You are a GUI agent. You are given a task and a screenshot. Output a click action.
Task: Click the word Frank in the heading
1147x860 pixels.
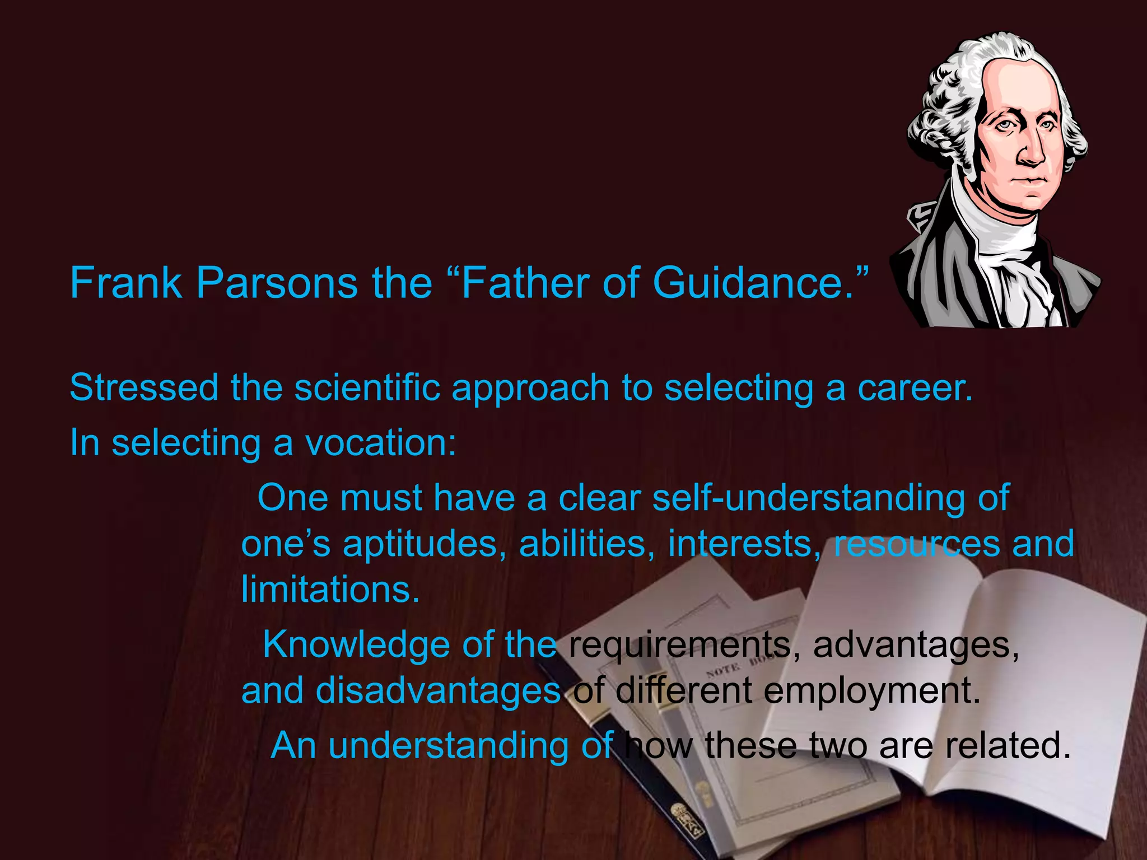point(125,283)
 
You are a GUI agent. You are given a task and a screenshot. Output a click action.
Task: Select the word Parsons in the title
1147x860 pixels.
point(276,283)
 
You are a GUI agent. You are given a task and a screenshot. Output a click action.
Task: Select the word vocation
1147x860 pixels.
point(381,443)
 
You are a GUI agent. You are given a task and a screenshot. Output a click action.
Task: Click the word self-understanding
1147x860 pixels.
point(809,498)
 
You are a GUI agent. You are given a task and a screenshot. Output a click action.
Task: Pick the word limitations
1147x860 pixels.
point(330,589)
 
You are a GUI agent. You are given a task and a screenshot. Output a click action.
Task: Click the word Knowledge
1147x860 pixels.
point(356,645)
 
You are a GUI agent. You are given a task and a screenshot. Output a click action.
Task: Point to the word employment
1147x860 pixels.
point(871,691)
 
